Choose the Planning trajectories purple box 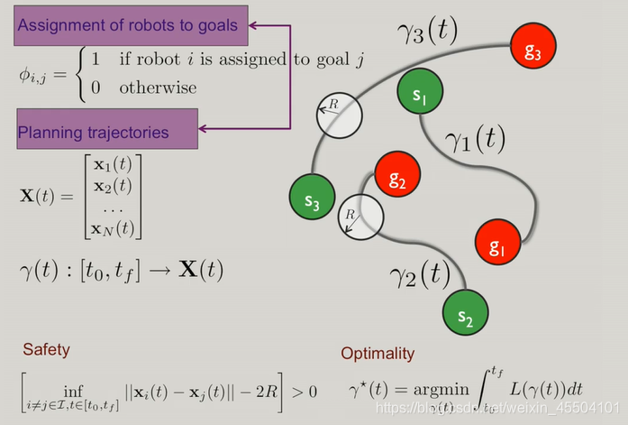tap(105, 132)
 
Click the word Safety tap(46, 347)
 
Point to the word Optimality tap(378, 354)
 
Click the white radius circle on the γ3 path tap(337, 115)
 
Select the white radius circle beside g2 tap(360, 217)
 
